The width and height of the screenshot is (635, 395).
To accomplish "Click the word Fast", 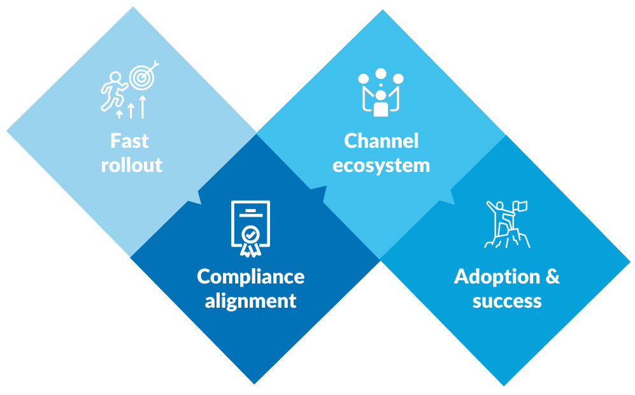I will tap(129, 140).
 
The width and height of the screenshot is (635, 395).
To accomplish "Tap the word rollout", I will tap(132, 165).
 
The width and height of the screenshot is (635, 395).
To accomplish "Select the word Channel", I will tap(382, 141).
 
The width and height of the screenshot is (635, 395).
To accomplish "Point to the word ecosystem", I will tap(382, 166).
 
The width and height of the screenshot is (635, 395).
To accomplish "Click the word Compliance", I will tap(250, 276).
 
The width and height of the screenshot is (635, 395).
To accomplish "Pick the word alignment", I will tap(250, 301).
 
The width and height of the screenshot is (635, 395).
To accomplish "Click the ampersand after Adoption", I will tap(553, 276).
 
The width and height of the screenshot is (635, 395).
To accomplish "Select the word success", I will tap(507, 301).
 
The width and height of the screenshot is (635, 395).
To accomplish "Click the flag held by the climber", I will tap(522, 206).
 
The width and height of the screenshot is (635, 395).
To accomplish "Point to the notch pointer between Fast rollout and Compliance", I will tap(194, 197).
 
